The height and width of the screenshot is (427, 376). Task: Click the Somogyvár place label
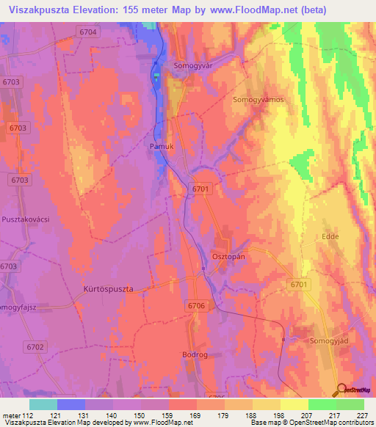(x=192, y=65)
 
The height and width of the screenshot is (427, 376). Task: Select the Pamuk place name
(x=162, y=146)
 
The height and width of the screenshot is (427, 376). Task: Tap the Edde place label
(x=330, y=236)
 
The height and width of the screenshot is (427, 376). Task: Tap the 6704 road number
(x=87, y=32)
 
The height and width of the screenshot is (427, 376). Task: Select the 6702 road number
(x=35, y=346)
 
